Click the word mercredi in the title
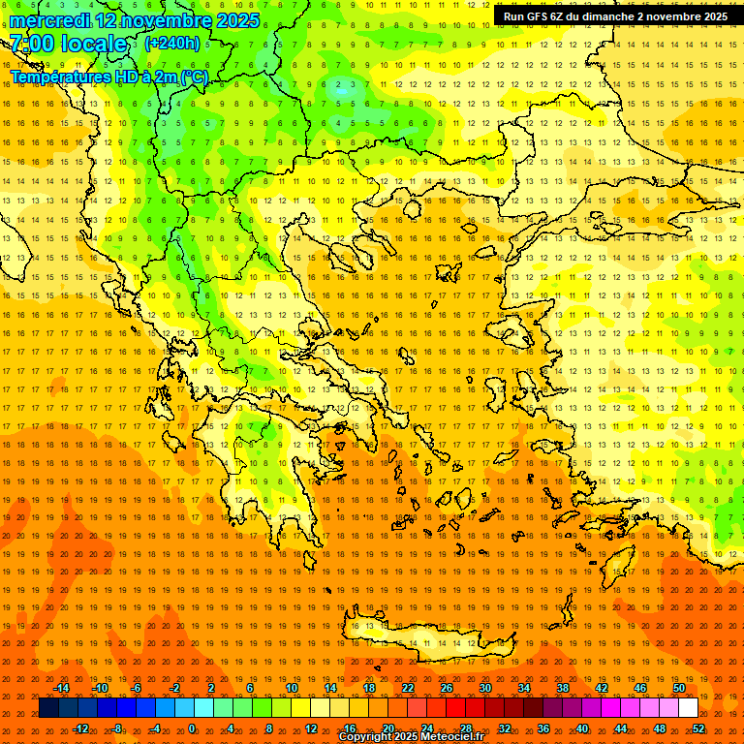pos(50,19)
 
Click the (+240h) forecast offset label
pos(171,43)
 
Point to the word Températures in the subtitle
pos(58,77)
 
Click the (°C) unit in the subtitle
pos(195,77)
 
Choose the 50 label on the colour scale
pos(679,688)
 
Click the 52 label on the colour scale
pos(698,728)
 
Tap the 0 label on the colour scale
pos(192,728)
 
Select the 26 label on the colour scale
pos(447,688)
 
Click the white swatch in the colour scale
pos(688,708)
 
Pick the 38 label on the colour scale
pos(563,688)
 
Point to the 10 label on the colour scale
pos(292,688)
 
